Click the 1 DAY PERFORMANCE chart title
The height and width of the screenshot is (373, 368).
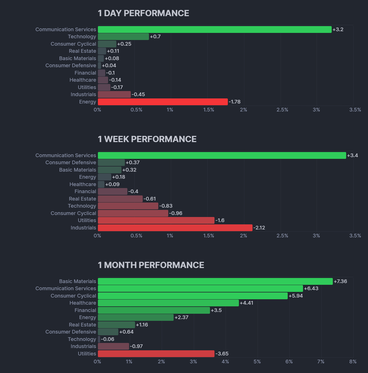(x=143, y=13)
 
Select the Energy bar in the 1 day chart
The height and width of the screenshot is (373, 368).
(x=163, y=102)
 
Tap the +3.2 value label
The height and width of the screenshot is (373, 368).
(x=338, y=29)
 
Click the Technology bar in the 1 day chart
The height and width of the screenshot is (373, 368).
(x=123, y=37)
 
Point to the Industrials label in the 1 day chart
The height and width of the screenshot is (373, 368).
(x=83, y=94)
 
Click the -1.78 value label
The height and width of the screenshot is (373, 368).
(x=235, y=102)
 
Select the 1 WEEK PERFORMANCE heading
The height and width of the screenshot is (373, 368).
(x=147, y=139)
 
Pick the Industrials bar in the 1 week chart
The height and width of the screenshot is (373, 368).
(x=175, y=228)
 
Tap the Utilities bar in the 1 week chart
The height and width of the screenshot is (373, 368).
(x=156, y=220)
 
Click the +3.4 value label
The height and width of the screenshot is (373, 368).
(x=352, y=155)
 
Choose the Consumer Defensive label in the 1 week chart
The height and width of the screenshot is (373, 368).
(x=71, y=163)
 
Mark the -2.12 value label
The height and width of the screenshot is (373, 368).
(x=259, y=228)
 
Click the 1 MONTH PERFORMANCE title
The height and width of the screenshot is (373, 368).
(x=151, y=265)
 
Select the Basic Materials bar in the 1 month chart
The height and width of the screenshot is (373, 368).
(x=215, y=281)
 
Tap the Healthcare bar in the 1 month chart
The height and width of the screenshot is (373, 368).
(x=168, y=303)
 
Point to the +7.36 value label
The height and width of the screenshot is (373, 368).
(x=340, y=281)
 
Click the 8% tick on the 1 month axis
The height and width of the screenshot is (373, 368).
(x=353, y=362)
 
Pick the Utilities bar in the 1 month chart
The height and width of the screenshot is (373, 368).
(x=156, y=354)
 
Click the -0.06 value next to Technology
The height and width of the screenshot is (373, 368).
(x=108, y=339)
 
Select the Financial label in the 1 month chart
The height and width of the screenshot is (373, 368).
(x=85, y=310)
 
